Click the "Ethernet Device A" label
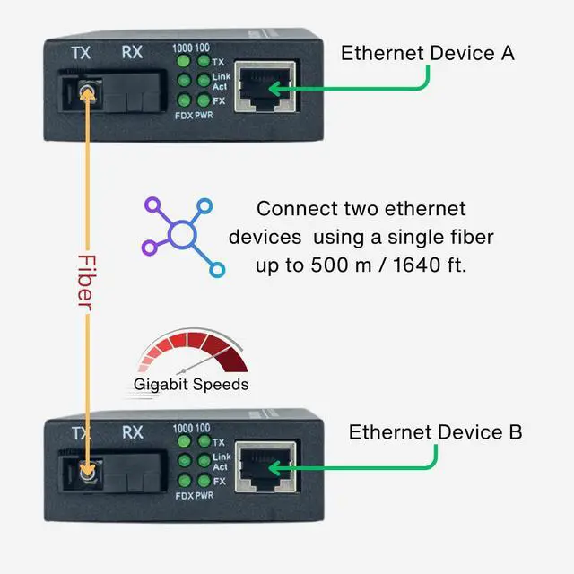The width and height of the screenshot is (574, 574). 427,53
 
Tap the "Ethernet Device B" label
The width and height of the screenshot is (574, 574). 435,432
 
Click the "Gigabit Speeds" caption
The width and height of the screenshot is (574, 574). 191,385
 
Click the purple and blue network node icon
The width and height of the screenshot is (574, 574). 183,236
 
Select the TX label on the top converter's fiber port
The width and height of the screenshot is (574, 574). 82,52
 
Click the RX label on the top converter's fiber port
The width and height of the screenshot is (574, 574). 132,52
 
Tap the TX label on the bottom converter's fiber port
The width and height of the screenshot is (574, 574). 82,432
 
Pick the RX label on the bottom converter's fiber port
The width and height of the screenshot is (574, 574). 132,432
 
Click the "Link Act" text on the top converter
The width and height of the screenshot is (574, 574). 221,83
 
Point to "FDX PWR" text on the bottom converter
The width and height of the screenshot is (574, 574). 194,496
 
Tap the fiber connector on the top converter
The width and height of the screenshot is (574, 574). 87,89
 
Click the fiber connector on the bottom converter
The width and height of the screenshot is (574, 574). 87,471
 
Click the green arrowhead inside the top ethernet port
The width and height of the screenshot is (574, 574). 273,87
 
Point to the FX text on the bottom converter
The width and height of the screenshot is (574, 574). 219,482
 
